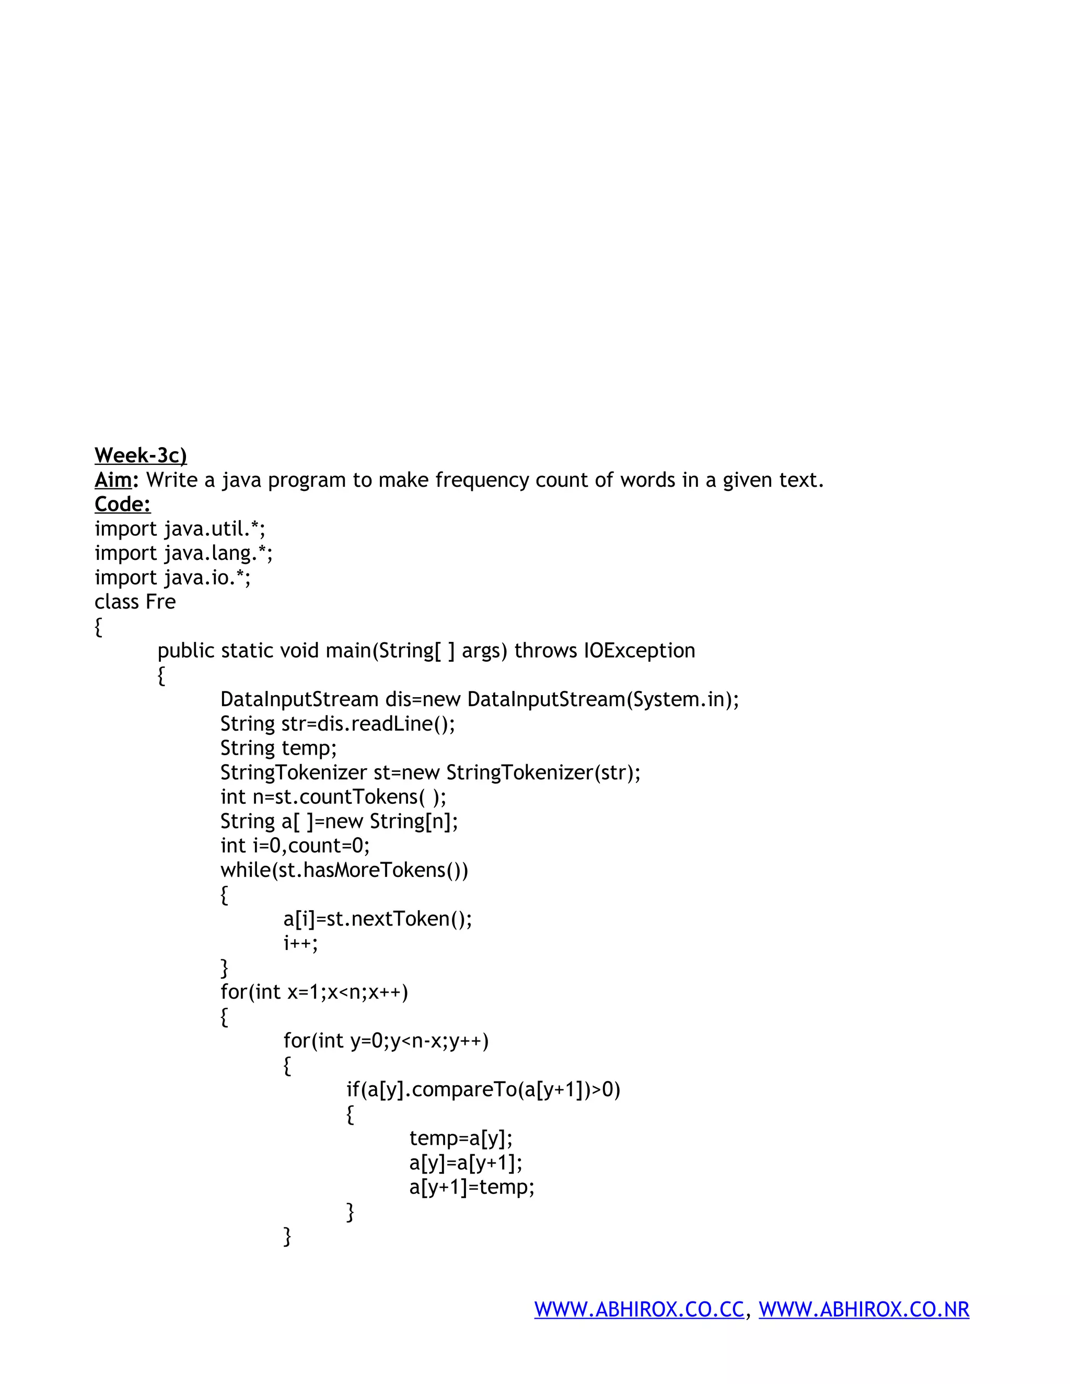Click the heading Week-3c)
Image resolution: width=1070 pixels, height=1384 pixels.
140,455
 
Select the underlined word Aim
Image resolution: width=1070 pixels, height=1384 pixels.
113,480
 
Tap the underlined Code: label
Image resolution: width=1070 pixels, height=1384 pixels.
122,505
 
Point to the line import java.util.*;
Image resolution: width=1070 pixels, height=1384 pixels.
180,529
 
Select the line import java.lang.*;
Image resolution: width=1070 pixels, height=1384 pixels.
183,553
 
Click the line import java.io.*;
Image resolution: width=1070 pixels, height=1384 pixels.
172,577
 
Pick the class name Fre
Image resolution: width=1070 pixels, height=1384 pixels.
160,601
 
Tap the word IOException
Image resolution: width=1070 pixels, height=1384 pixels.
639,651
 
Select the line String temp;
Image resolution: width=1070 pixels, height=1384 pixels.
278,748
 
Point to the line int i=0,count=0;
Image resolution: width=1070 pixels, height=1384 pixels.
295,846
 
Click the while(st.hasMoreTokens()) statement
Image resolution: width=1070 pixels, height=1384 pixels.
344,870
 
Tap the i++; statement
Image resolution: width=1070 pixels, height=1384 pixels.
300,943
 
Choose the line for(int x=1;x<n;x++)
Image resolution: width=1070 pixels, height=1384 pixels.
315,992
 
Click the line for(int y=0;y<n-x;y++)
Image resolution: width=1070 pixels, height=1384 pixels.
386,1040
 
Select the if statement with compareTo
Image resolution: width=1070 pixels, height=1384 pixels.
483,1089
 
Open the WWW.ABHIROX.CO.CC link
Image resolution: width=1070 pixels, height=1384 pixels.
639,1309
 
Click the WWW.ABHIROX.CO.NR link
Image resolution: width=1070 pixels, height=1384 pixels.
864,1309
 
